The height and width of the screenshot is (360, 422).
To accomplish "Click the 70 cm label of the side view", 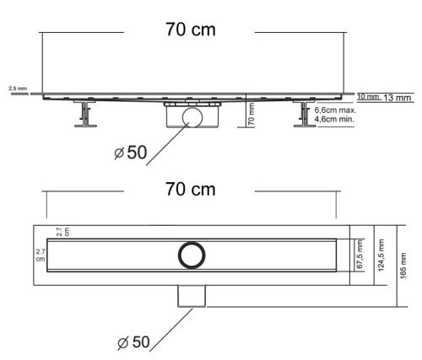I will coord(190,30).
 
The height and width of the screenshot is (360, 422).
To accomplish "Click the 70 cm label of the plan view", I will coord(190,189).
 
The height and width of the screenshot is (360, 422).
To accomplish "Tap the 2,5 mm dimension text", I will coord(16,88).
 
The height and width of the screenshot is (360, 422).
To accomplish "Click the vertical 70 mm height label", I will coord(252,114).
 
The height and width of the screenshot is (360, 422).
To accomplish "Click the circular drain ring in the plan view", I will coord(191,255).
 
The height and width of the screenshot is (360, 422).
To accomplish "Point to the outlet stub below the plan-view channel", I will coord(192,295).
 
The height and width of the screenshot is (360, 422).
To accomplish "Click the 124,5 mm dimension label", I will coord(381,256).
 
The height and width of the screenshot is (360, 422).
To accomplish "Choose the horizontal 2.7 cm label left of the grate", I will coord(40,255).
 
